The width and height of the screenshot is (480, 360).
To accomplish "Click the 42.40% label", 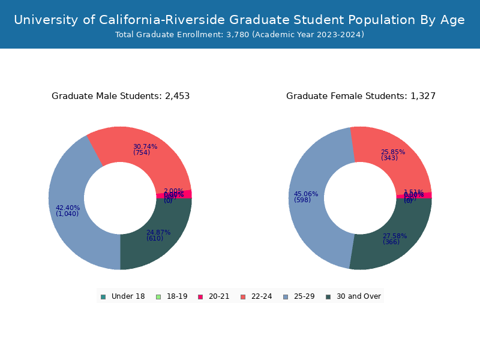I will point(68,208).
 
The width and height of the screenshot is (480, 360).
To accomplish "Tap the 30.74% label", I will point(145,146).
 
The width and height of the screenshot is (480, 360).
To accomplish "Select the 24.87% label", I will point(158,233).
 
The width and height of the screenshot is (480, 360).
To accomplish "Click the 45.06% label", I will point(306,194).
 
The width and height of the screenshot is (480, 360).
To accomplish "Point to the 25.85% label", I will point(393,152).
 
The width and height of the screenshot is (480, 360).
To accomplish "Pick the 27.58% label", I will point(395,236).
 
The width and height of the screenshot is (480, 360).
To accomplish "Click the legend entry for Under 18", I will point(123,296).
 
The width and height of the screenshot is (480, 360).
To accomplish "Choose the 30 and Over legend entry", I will point(353,296).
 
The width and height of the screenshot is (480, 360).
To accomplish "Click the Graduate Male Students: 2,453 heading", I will point(121,96).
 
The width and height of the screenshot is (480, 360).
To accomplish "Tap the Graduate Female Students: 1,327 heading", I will point(361,96).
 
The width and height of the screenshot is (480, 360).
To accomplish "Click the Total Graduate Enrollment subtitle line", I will point(239,35).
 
